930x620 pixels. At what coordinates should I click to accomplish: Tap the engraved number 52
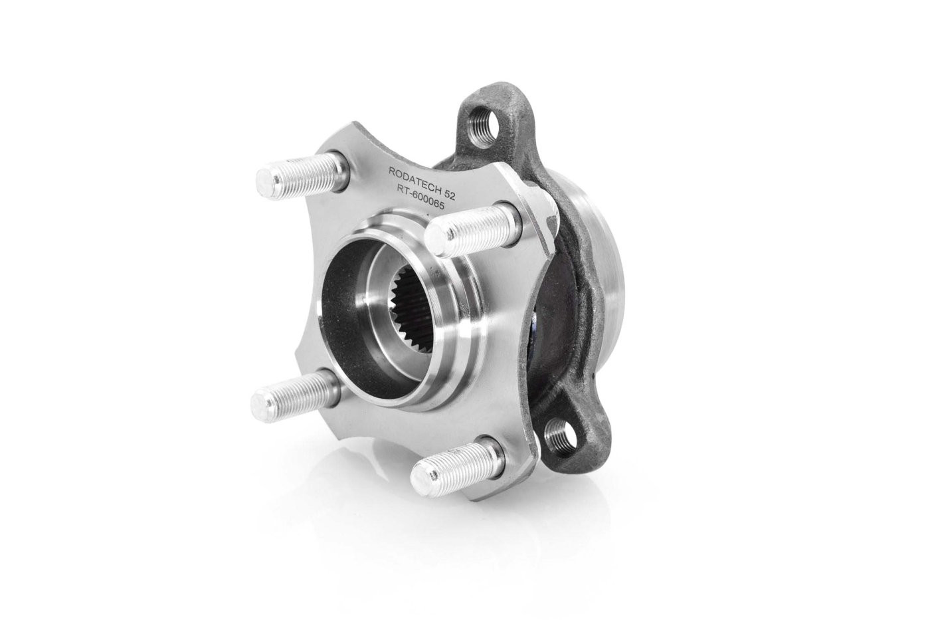(450, 194)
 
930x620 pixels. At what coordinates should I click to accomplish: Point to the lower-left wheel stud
(296, 390)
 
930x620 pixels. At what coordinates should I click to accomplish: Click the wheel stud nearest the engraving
(473, 228)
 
